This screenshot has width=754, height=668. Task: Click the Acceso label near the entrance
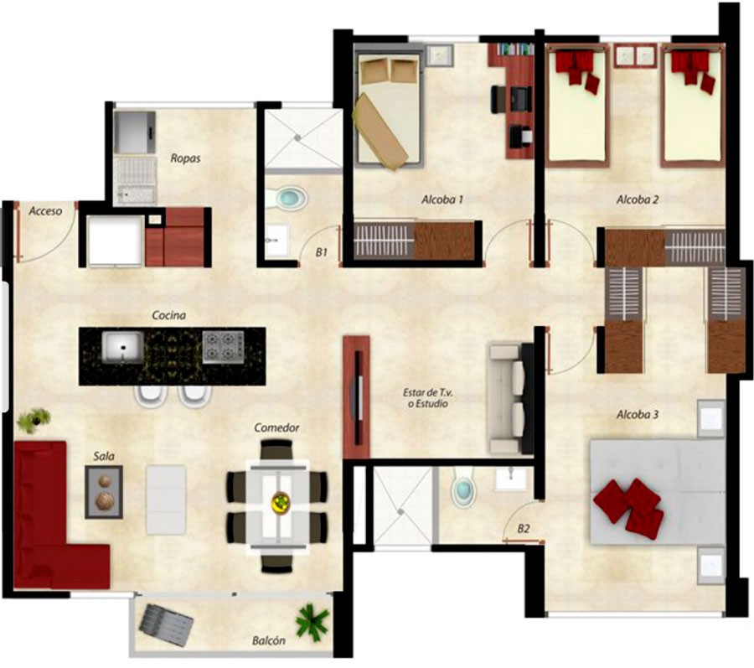(45, 210)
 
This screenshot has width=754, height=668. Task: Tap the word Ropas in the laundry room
(185, 158)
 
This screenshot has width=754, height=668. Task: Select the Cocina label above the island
(168, 315)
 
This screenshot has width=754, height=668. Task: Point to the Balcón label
(269, 640)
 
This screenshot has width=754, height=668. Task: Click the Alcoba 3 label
(638, 414)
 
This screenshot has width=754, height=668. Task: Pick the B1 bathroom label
(321, 251)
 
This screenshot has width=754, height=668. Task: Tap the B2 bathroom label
(523, 529)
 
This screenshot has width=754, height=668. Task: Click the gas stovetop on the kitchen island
(223, 347)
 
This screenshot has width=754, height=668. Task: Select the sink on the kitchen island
(122, 347)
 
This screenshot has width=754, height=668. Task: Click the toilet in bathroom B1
(287, 198)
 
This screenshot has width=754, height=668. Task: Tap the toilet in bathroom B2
(463, 489)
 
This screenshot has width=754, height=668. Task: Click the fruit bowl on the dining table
(281, 503)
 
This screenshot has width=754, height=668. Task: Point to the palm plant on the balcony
(312, 620)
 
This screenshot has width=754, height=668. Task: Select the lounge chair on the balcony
(167, 624)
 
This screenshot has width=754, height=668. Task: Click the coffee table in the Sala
(104, 491)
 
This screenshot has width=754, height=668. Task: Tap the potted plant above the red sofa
(34, 419)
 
